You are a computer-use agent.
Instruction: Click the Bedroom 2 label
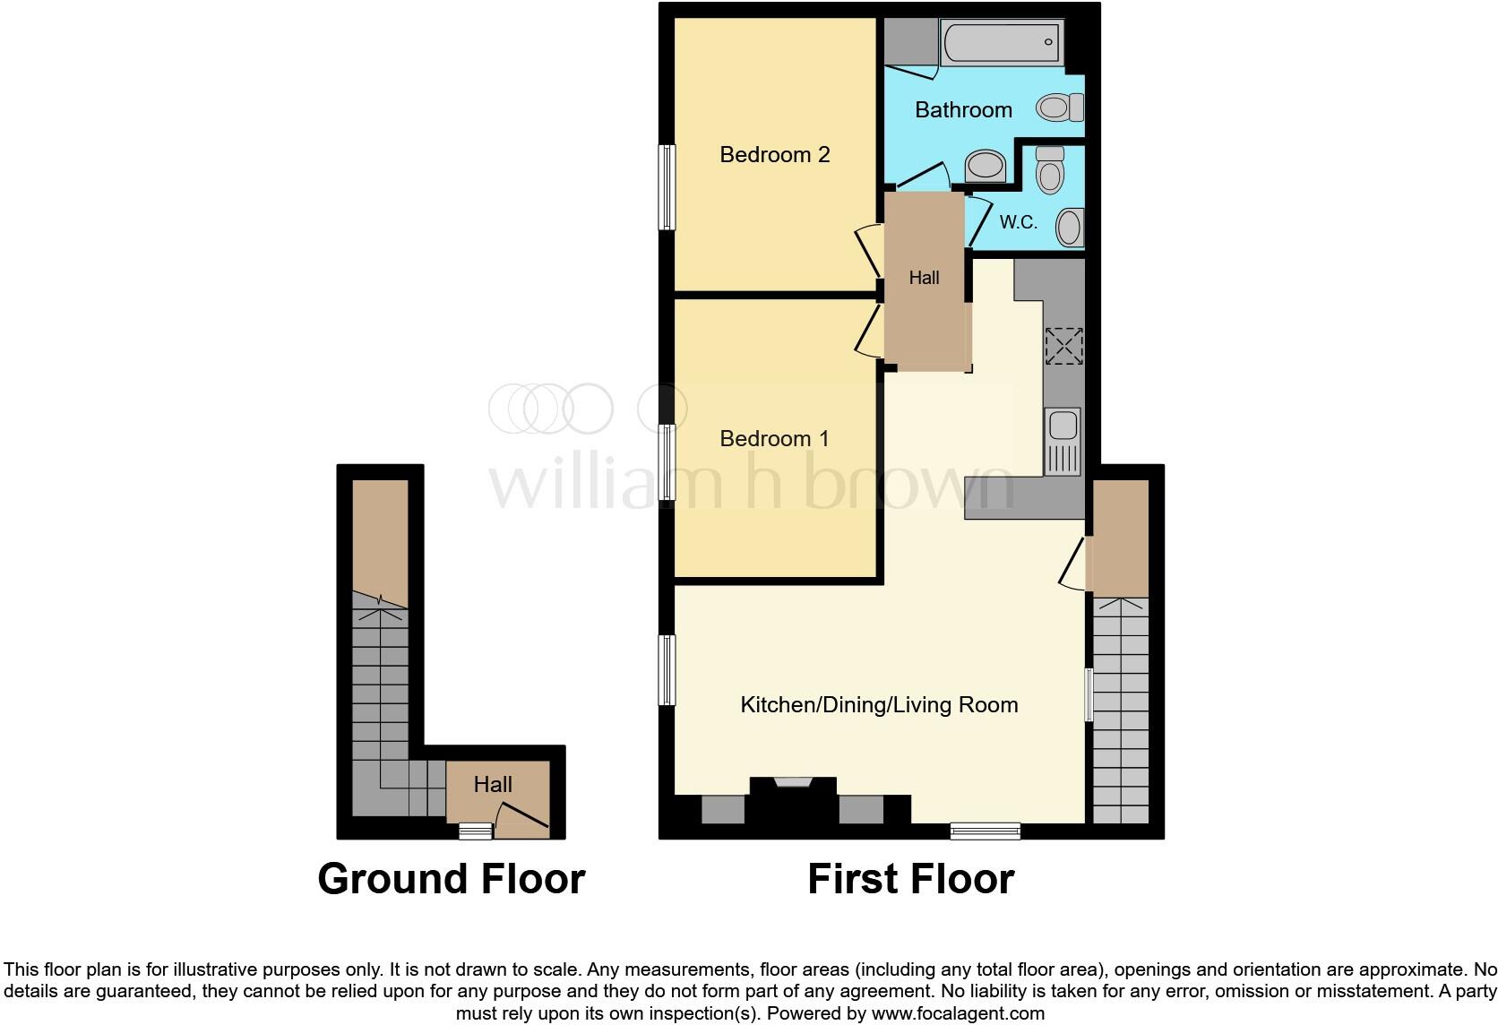coord(775,155)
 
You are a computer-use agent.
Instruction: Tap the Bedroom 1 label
coord(775,439)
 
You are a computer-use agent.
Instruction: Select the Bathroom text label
coord(963,110)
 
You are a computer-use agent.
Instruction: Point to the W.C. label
coord(1019,222)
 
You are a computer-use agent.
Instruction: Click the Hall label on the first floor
coord(924,278)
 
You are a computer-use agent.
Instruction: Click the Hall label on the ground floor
coord(493,785)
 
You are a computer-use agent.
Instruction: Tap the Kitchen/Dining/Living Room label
coord(879,705)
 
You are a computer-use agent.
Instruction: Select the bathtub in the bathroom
coord(1002,42)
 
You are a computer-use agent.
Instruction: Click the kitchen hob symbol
coord(1063,347)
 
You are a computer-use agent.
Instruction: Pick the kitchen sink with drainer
coord(1063,441)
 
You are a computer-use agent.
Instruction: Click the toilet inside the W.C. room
coord(1049,169)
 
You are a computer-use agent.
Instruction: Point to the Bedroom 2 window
coord(667,187)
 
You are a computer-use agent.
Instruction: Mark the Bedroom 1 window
coord(667,461)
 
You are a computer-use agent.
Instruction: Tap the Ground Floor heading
coord(452,879)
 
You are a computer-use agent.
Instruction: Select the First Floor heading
coord(910,879)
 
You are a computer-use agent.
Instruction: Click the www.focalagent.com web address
coord(958,1013)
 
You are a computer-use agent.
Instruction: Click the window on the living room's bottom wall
coord(985,831)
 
